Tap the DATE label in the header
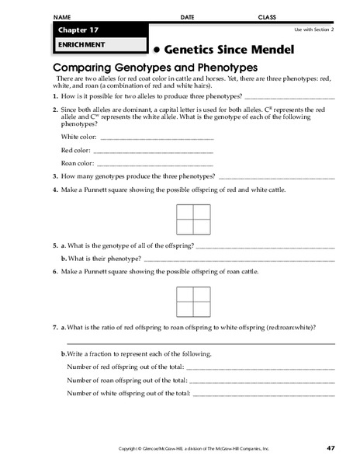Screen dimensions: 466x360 (x=187, y=16)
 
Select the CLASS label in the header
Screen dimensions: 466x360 (x=267, y=16)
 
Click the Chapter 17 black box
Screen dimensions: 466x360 (x=99, y=30)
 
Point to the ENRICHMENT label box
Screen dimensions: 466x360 (x=99, y=45)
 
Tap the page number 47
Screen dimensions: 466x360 (x=331, y=449)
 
